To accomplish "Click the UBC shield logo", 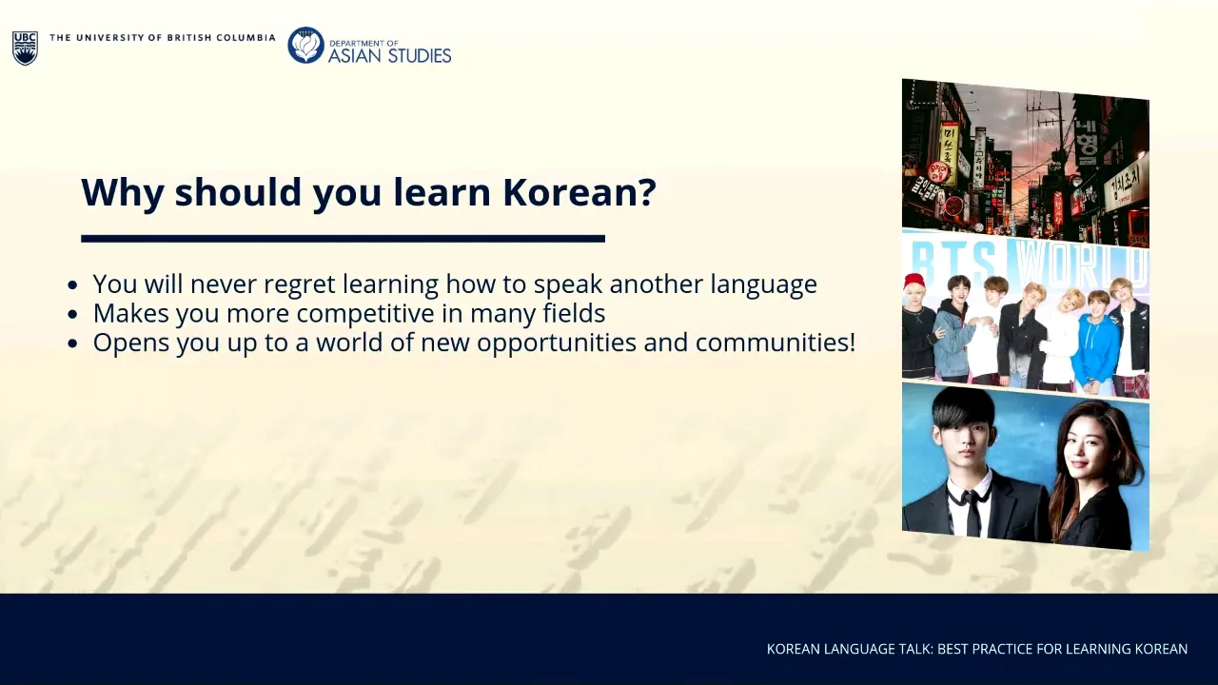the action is click(25, 48).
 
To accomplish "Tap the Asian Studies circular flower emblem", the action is click(305, 45).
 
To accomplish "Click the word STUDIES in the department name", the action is click(419, 55).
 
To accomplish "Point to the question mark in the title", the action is click(645, 192).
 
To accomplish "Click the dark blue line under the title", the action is click(344, 239).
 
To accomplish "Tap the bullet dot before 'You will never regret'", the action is click(72, 284).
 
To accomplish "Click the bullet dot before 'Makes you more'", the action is click(72, 314).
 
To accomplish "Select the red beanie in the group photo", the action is click(916, 283).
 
